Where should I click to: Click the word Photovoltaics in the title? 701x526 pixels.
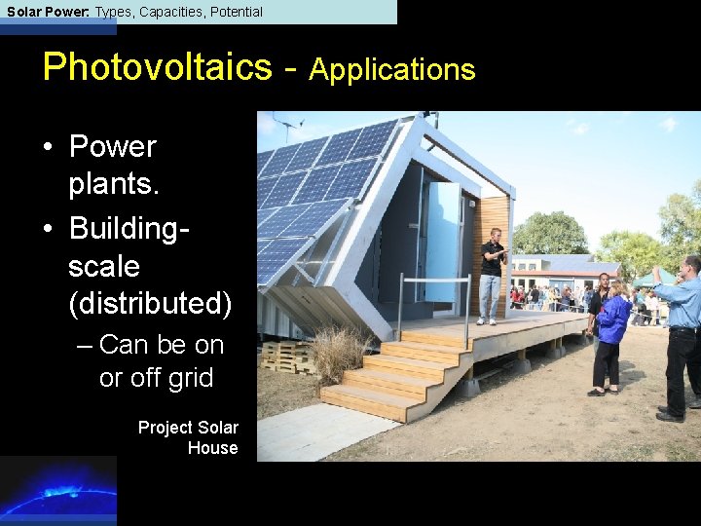click(157, 67)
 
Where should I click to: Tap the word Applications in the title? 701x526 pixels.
click(392, 70)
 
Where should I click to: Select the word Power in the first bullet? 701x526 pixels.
click(112, 147)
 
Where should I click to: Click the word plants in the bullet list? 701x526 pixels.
click(110, 184)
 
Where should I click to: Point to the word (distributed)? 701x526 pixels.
click(150, 304)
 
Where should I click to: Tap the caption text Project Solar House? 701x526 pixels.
click(188, 437)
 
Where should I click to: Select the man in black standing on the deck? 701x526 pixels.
click(492, 276)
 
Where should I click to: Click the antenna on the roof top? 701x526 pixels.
click(288, 125)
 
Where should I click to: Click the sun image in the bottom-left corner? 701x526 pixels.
click(57, 490)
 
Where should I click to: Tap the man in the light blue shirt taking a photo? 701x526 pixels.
click(683, 331)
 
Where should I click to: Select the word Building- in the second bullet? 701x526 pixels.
click(129, 229)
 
